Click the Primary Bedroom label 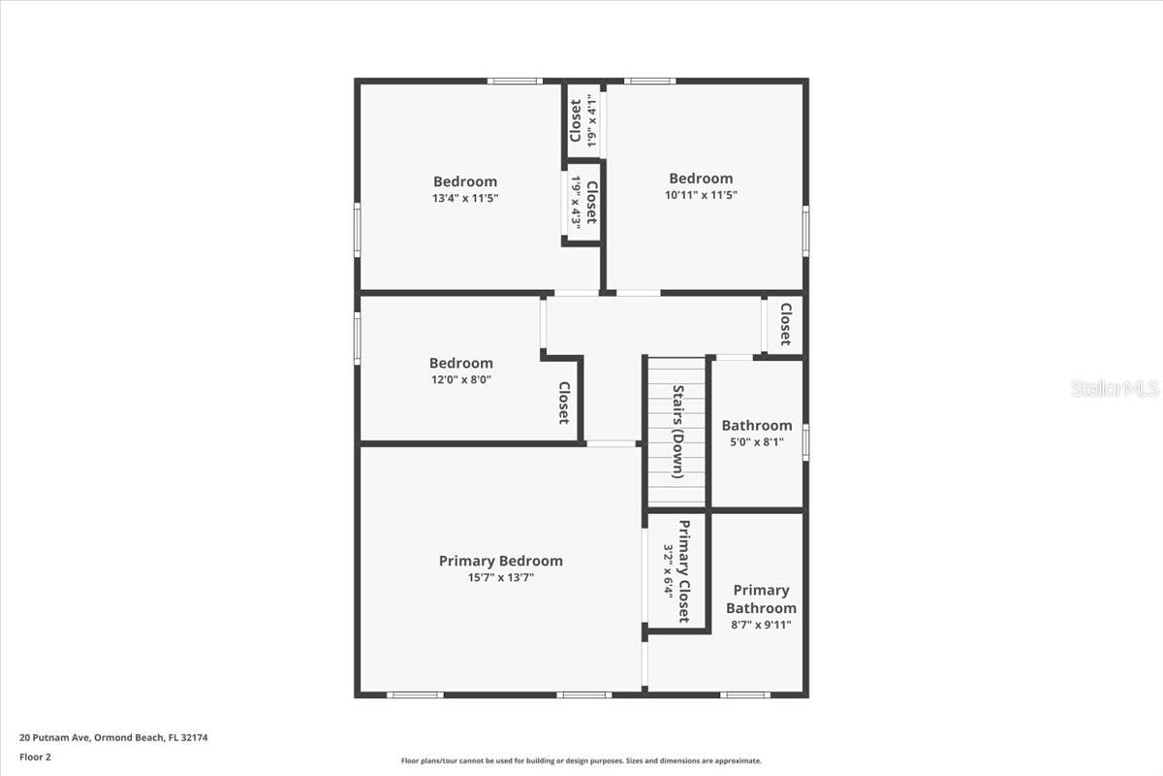(x=500, y=561)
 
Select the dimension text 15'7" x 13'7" (x=500, y=578)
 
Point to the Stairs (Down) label (x=679, y=432)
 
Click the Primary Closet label (x=684, y=571)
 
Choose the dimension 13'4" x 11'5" (x=465, y=198)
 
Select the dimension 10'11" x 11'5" (x=701, y=195)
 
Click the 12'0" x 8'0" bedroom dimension (x=461, y=380)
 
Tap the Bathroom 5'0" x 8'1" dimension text (x=756, y=442)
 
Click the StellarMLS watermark (x=1115, y=388)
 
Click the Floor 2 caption (x=35, y=757)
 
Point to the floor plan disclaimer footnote (x=581, y=761)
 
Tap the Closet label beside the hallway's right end (x=786, y=325)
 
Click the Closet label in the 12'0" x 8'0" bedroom (x=563, y=403)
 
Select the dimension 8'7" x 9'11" (x=761, y=625)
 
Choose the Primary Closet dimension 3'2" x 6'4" (x=668, y=571)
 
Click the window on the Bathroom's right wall (x=805, y=442)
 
